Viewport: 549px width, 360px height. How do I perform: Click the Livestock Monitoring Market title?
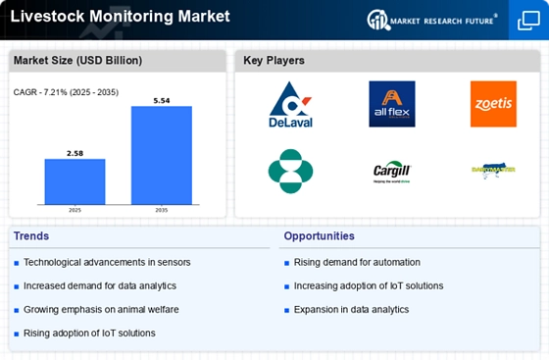pos(121,17)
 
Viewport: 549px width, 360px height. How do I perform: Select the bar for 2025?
pos(75,180)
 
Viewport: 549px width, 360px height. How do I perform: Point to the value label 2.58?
pos(75,152)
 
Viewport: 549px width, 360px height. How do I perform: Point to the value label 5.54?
pos(162,99)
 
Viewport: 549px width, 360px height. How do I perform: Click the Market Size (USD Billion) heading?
pos(76,61)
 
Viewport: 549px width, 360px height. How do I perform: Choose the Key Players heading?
pos(274,61)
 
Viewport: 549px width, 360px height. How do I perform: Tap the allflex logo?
pos(391,104)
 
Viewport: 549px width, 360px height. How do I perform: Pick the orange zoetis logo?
pos(492,104)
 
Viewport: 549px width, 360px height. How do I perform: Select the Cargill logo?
pos(391,170)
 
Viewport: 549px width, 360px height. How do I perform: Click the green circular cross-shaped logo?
pos(290,171)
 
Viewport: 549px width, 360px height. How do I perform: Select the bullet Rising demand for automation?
pos(356,262)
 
